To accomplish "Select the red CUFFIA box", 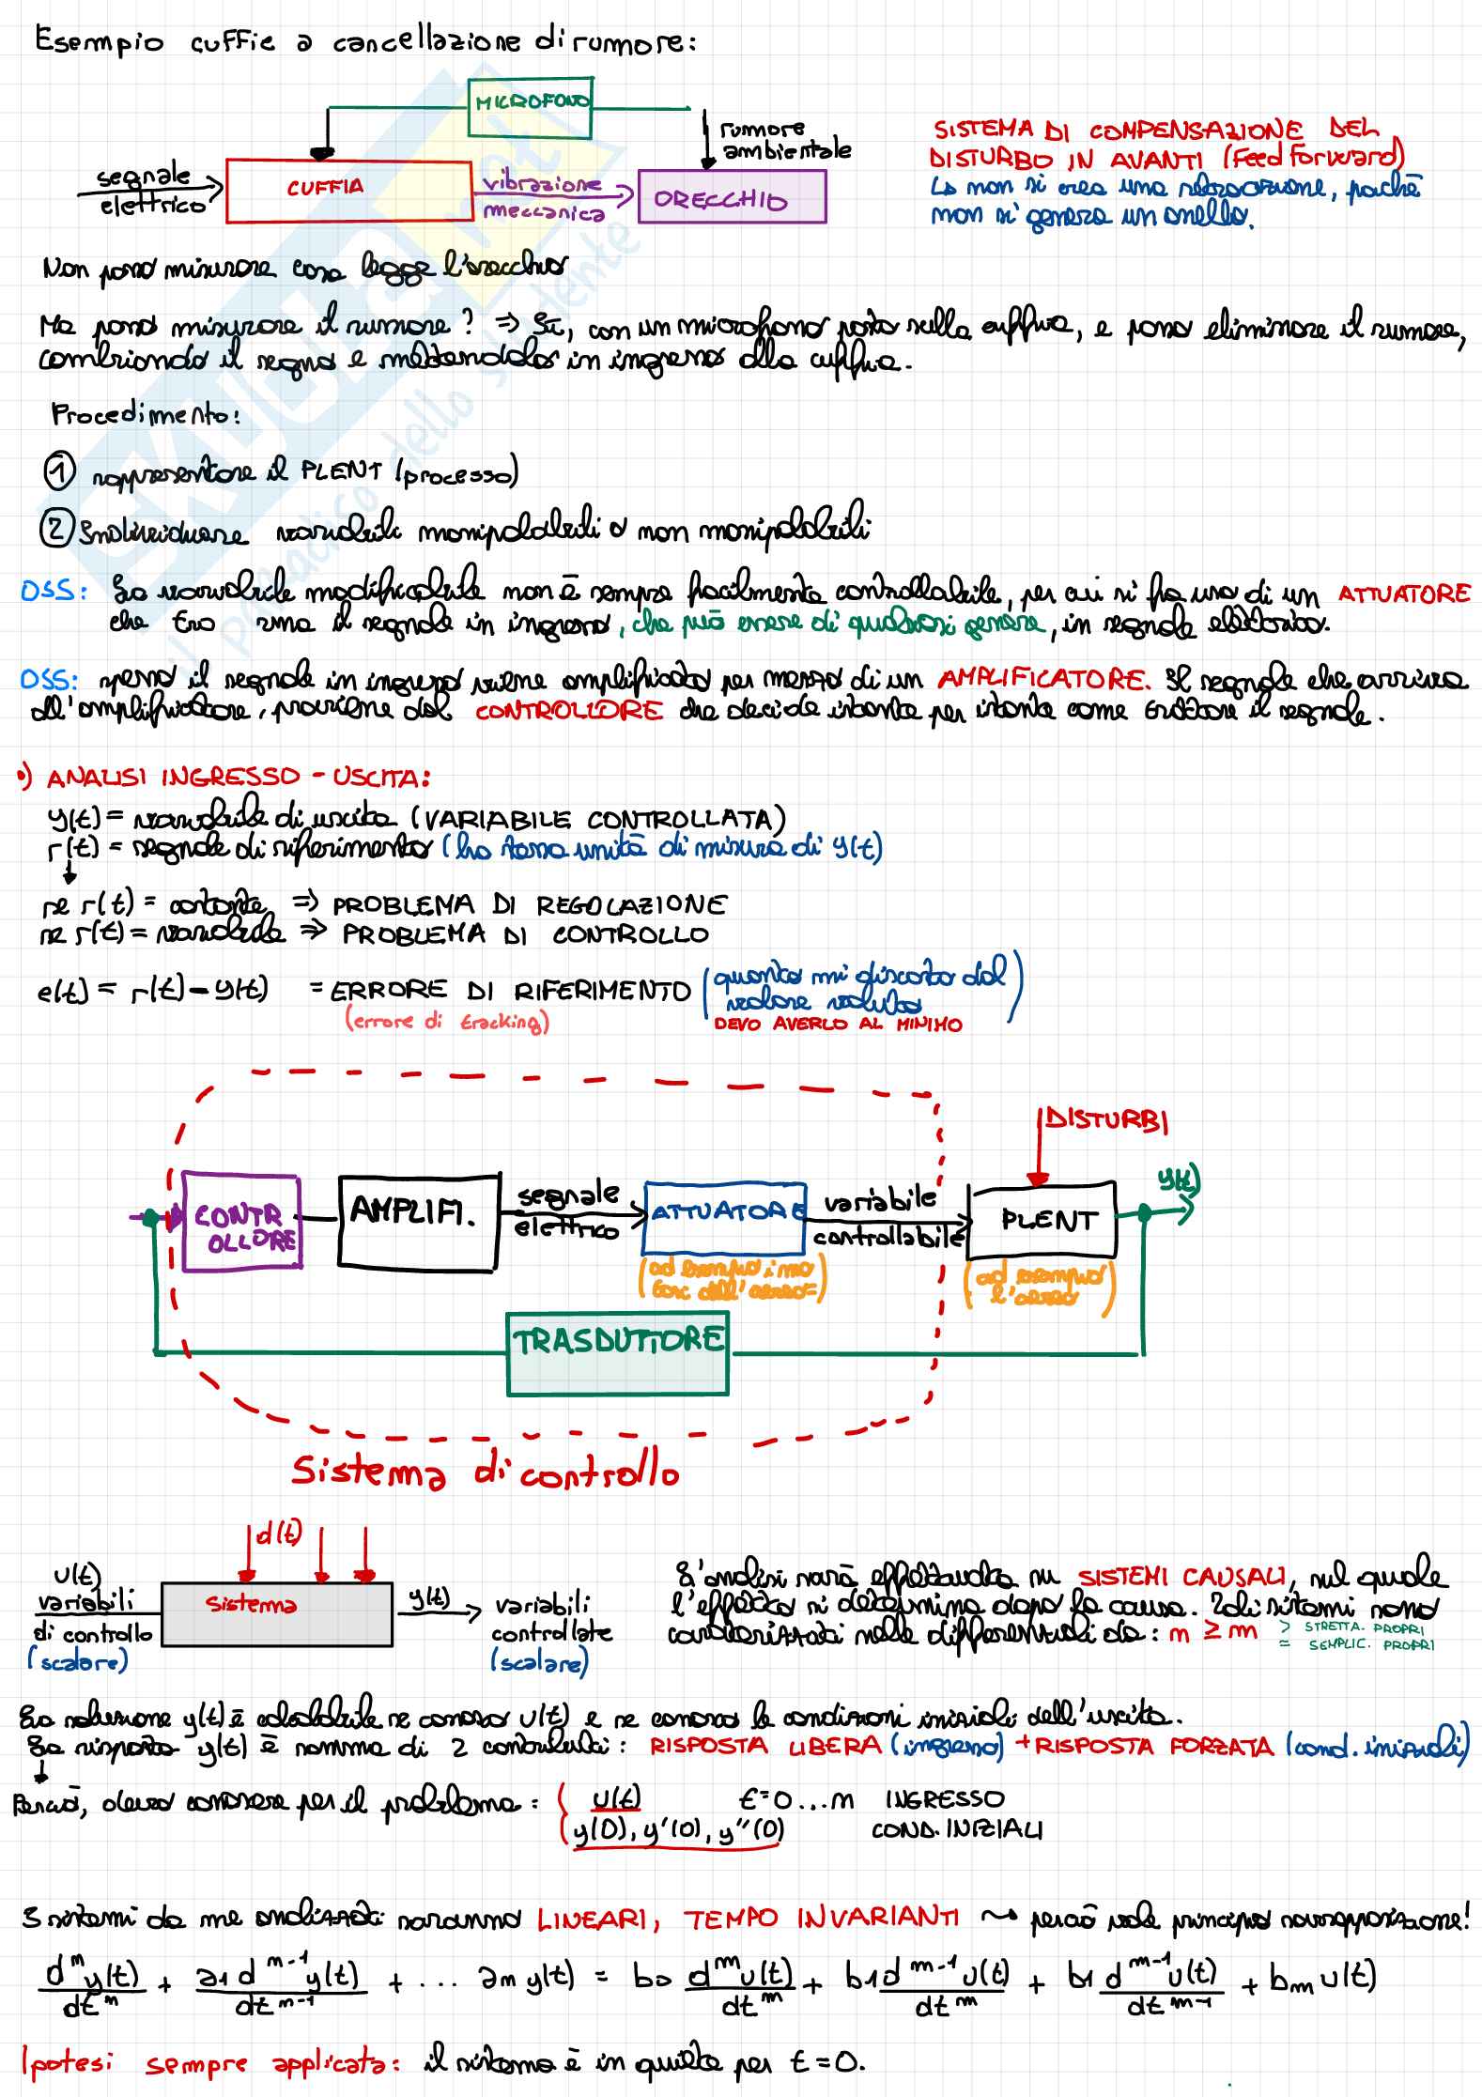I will [348, 192].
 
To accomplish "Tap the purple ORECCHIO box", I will [731, 197].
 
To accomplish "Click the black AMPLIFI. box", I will [417, 1221].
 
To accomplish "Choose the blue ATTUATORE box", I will [724, 1217].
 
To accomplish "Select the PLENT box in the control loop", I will [1042, 1220].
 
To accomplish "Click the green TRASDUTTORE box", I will [617, 1353].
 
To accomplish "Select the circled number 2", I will [56, 531].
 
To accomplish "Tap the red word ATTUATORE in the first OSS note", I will [1403, 594].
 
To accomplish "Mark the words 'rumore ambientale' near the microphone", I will [785, 140].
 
